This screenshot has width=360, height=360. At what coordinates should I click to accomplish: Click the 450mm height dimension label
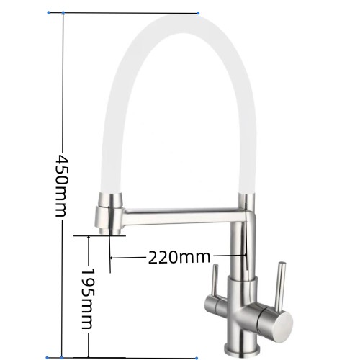point(60,186)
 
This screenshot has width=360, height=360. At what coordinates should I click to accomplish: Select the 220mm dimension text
point(179,257)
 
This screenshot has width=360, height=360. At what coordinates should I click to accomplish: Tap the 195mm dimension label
point(87,298)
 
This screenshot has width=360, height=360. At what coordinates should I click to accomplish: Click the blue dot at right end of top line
point(198,13)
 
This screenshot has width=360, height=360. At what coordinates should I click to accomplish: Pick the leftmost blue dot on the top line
point(49,12)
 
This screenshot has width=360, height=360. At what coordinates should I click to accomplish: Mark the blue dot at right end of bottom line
point(197,359)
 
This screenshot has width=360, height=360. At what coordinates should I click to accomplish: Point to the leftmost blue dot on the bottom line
point(48,358)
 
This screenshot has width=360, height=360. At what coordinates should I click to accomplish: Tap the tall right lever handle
point(280,287)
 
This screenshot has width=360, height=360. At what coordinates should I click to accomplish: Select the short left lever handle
point(215,281)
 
